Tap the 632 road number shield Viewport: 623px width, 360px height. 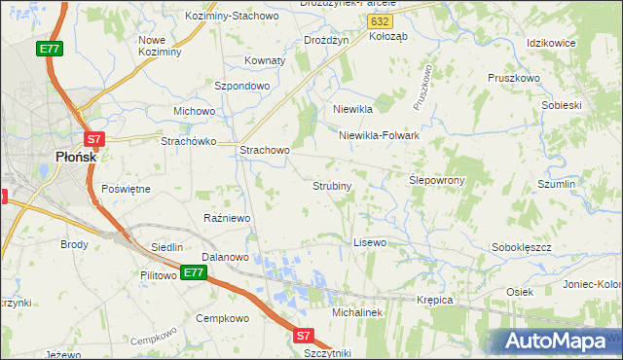click(383, 19)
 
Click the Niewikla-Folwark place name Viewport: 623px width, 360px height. click(379, 135)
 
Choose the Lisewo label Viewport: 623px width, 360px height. click(370, 241)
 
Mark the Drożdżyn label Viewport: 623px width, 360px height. click(326, 40)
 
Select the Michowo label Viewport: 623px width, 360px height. click(194, 111)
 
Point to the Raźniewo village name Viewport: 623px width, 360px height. click(227, 218)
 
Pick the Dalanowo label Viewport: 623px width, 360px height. click(226, 257)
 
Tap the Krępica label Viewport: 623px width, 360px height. click(435, 300)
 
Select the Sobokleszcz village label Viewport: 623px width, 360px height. click(522, 247)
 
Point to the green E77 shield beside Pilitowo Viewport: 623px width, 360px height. click(193, 272)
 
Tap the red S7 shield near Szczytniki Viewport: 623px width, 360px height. click(303, 336)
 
